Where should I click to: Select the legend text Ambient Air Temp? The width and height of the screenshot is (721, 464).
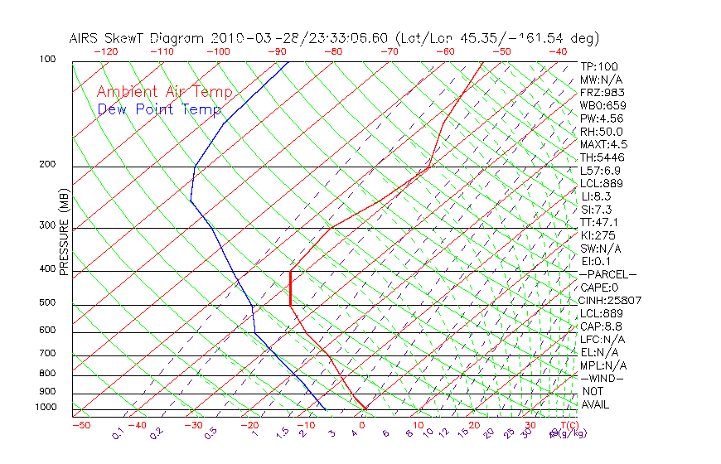click(164, 93)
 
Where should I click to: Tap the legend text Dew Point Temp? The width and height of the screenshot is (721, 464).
click(158, 110)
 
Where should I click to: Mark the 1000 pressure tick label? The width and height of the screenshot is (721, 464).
click(46, 408)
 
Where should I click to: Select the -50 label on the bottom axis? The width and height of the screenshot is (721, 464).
click(80, 426)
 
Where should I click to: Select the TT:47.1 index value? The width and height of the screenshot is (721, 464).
click(599, 223)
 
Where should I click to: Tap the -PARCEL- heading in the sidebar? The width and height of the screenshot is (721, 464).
click(607, 274)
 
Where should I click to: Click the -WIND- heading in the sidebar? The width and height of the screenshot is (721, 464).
click(602, 379)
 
